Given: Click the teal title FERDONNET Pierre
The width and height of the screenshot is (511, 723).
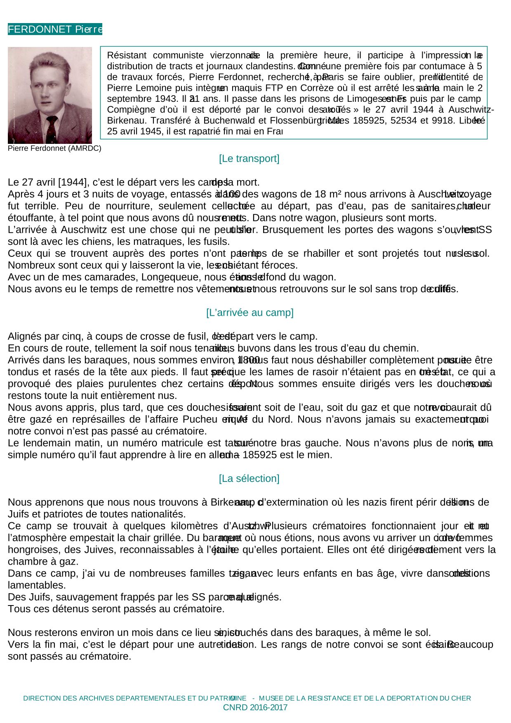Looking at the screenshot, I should tap(55, 29).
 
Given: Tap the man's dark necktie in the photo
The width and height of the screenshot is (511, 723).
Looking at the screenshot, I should tap(52, 128).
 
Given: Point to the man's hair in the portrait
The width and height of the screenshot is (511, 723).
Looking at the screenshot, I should tap(49, 62).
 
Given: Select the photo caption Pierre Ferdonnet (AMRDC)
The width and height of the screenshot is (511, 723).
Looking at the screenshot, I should tap(54, 148).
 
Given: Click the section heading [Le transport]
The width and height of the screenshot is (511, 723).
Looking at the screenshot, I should tap(249, 159).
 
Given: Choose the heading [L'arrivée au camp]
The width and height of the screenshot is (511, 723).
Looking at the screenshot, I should tap(250, 312).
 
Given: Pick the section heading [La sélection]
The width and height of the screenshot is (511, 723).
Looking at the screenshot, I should tap(249, 479).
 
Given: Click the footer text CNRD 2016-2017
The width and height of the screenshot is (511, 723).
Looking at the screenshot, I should tap(255, 708).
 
